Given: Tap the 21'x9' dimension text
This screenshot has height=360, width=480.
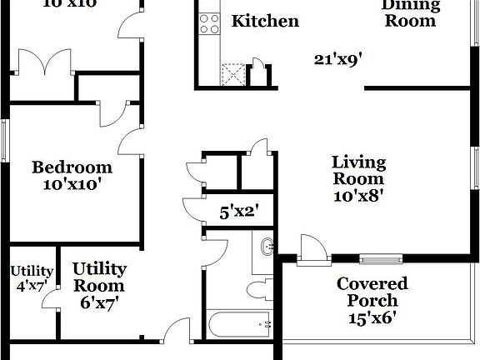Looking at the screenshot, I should (337, 60).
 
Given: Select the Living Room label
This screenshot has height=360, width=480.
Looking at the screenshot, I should (358, 170).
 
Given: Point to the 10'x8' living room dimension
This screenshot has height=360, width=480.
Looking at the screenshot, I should (358, 197).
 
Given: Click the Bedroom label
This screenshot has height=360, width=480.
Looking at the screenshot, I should (72, 167).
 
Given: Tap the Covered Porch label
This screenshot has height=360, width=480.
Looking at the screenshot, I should (372, 292).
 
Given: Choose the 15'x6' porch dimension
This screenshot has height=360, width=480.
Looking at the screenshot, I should (372, 317).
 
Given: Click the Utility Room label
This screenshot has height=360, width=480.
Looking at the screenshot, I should (99, 277).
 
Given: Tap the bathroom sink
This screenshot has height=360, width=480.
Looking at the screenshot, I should (267, 247).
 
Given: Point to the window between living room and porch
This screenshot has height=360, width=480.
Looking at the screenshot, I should (381, 257).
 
